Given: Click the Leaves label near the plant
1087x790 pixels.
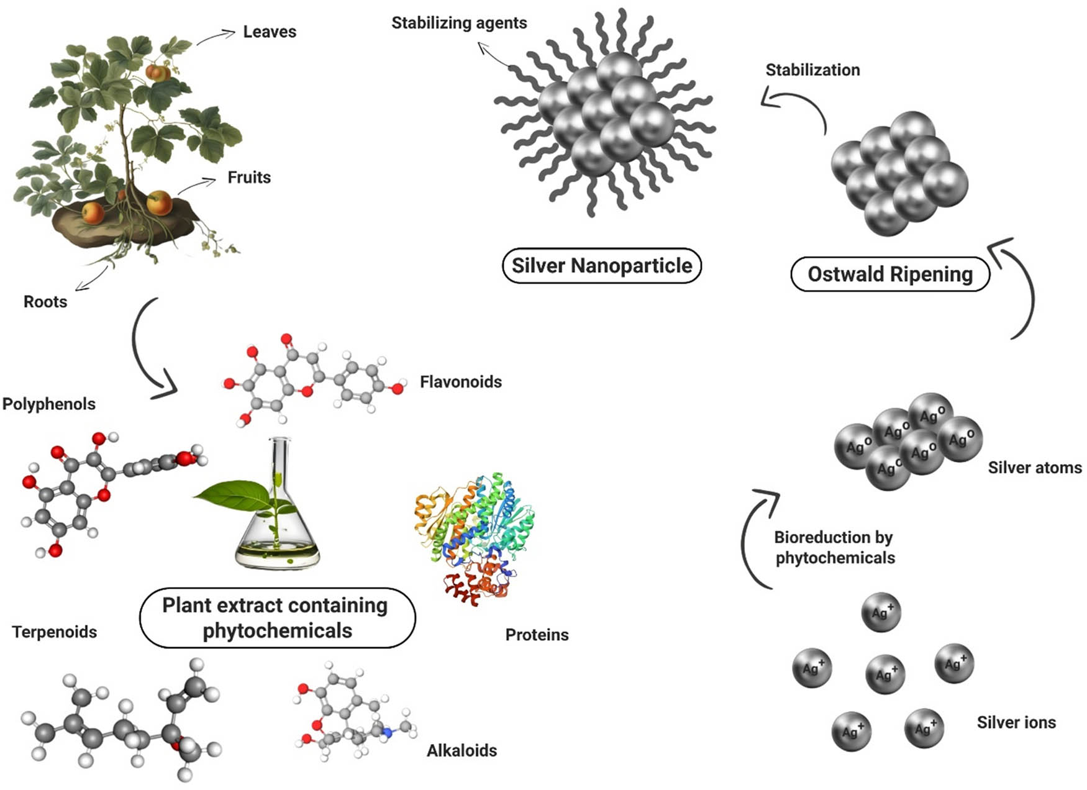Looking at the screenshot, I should tap(269, 32).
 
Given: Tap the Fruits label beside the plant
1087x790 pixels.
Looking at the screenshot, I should tap(249, 178).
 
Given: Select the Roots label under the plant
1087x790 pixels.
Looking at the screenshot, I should tap(45, 302).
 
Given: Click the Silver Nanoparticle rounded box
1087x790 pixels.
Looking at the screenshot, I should tap(601, 266).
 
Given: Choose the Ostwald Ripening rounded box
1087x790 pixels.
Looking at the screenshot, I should tap(889, 274).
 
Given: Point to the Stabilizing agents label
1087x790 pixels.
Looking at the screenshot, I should tap(459, 23).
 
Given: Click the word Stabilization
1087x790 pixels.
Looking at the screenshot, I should tap(812, 70).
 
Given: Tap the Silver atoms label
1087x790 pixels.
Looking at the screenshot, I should tap(1034, 468).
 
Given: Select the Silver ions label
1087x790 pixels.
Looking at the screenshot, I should tap(1016, 722).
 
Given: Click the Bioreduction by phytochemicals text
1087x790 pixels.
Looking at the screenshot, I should tap(834, 547).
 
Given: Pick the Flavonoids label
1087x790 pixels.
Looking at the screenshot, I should tap(460, 382).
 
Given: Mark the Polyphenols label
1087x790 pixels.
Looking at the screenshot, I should tap(49, 404).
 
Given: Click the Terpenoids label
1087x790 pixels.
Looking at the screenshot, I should tap(55, 632).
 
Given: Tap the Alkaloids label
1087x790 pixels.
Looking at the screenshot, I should tap(462, 751).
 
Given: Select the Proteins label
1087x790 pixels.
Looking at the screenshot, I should tap(537, 635).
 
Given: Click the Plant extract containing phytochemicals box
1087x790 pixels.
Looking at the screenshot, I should tap(277, 618).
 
